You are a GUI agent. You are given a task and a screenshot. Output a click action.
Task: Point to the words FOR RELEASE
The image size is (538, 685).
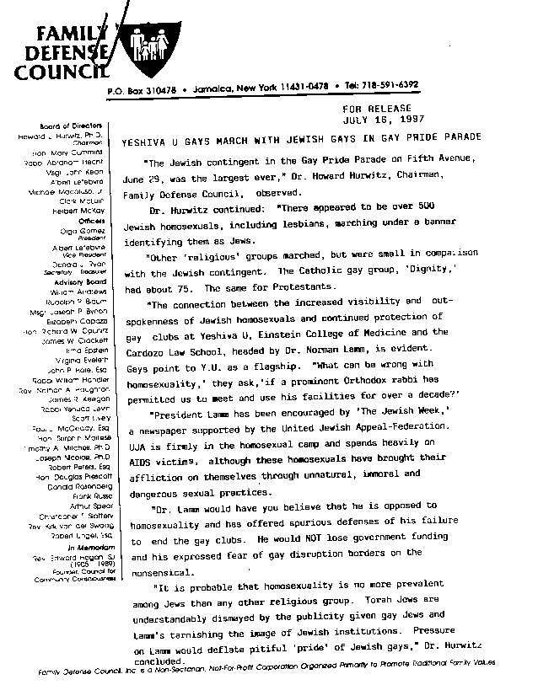[377, 109]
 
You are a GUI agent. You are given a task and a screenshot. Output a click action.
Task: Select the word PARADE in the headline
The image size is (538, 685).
[461, 136]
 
